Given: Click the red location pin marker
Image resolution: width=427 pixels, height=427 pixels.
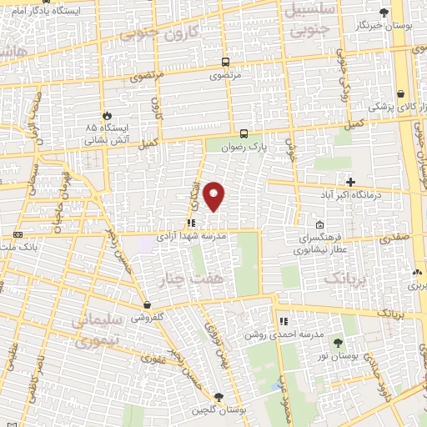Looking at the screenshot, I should (214, 195).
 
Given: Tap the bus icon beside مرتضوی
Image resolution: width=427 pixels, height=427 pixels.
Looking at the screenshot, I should (225, 62).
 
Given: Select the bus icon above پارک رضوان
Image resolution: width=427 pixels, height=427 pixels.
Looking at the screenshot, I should (244, 133).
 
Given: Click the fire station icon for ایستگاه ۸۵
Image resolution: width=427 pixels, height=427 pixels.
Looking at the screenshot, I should (107, 115).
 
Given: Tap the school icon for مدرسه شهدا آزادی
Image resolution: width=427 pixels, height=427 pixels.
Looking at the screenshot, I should (191, 223).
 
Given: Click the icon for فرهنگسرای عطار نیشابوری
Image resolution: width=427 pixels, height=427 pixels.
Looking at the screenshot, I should (320, 224).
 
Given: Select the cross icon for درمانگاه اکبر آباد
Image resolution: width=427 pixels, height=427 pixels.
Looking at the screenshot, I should (350, 182).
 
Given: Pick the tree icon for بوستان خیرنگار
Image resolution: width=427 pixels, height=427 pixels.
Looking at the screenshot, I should (384, 13).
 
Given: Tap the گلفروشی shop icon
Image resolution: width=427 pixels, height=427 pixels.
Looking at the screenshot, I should (147, 304).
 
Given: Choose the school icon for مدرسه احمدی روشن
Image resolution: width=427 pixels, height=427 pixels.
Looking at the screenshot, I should (283, 320).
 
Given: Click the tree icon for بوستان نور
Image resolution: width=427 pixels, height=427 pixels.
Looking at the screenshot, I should (338, 342).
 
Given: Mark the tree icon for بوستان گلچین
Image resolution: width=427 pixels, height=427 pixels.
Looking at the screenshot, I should (219, 397).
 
